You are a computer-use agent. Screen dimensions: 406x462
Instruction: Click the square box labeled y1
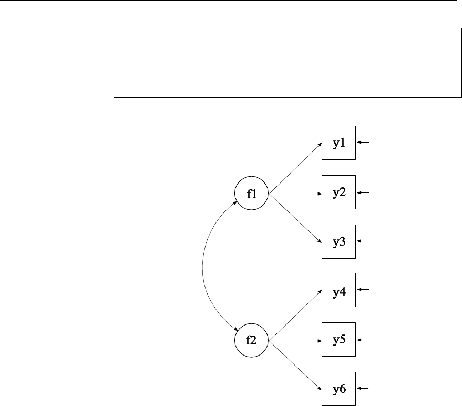pyautogui.click(x=339, y=143)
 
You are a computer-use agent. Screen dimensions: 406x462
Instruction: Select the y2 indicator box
pyautogui.click(x=339, y=192)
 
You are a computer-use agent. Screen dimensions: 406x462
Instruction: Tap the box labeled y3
pyautogui.click(x=339, y=241)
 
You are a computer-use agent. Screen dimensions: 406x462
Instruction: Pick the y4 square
pyautogui.click(x=339, y=290)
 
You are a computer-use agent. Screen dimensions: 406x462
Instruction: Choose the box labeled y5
pyautogui.click(x=339, y=340)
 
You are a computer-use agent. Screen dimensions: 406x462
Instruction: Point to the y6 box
pyautogui.click(x=339, y=389)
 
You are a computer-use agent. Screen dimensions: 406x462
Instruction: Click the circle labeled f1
pyautogui.click(x=252, y=194)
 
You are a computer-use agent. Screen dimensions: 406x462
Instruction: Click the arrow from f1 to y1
pyautogui.click(x=295, y=168)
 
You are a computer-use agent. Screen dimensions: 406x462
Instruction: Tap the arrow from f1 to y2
pyautogui.click(x=295, y=194)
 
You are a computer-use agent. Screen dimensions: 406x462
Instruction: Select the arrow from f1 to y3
pyautogui.click(x=295, y=218)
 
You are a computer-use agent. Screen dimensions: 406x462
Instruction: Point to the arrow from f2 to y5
pyautogui.click(x=295, y=340)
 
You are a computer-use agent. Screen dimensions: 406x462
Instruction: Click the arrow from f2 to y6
pyautogui.click(x=295, y=364)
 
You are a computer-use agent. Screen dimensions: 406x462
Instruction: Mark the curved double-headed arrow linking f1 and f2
pyautogui.click(x=203, y=267)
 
